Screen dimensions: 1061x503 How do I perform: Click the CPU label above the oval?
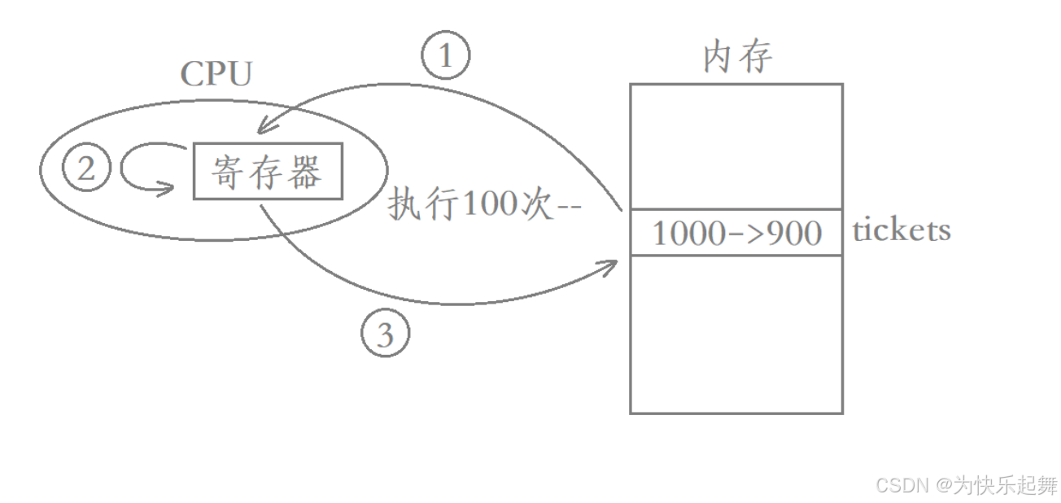pos(216,74)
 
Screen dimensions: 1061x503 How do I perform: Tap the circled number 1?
pos(445,56)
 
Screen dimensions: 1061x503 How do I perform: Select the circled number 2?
pos(85,169)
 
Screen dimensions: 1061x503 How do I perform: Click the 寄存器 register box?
pos(268,171)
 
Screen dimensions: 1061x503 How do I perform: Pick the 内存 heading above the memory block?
pos(737,58)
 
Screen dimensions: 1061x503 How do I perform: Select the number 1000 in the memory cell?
pos(688,234)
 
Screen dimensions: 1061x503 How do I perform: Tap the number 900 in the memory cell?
pos(789,234)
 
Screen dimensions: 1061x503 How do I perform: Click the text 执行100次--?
pos(485,203)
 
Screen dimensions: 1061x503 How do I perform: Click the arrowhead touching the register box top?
pos(261,128)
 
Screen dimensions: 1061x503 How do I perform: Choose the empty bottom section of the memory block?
pos(736,334)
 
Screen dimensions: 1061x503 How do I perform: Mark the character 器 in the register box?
pos(308,171)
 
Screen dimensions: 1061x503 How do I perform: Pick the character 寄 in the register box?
pos(228,171)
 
